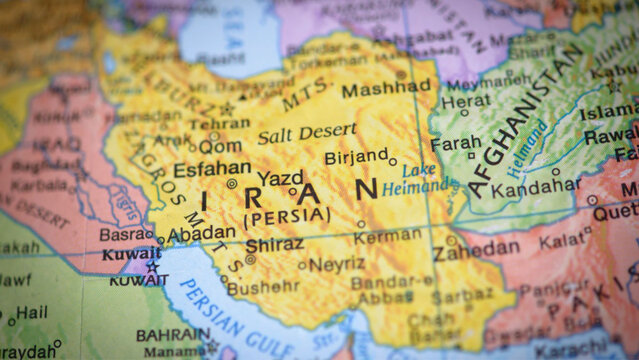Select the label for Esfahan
(x=211, y=169)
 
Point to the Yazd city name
(x=280, y=178)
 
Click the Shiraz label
(x=273, y=244)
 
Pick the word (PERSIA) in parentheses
(x=286, y=214)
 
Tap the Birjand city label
(x=355, y=157)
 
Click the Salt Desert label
(x=306, y=132)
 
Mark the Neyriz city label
(x=336, y=265)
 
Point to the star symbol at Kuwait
(x=153, y=266)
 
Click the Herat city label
(x=466, y=100)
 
